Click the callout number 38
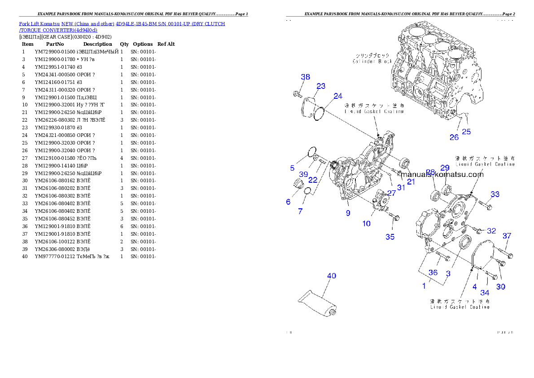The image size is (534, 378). pyautogui.click(x=305, y=77)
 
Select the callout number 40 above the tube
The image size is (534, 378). pyautogui.click(x=331, y=276)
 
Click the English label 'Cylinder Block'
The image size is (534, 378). pyautogui.click(x=372, y=61)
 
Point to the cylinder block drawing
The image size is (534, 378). pyautogui.click(x=433, y=72)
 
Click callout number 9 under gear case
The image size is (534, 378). pyautogui.click(x=348, y=213)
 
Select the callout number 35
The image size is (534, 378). pyautogui.click(x=390, y=237)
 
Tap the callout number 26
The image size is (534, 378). pyautogui.click(x=454, y=137)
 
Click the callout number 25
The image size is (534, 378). pyautogui.click(x=467, y=132)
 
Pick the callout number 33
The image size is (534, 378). pyautogui.click(x=495, y=194)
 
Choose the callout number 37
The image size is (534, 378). pyautogui.click(x=507, y=236)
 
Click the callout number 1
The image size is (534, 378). pyautogui.click(x=424, y=286)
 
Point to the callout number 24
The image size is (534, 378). pyautogui.click(x=338, y=96)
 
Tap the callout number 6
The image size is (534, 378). pyautogui.click(x=288, y=202)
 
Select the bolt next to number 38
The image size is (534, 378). pyautogui.click(x=297, y=93)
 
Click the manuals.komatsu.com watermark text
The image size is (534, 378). pyautogui.click(x=442, y=175)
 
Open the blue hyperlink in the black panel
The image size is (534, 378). pyautogui.click(x=122, y=27)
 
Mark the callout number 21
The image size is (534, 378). pyautogui.click(x=411, y=181)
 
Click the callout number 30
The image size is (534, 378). pyautogui.click(x=500, y=286)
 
